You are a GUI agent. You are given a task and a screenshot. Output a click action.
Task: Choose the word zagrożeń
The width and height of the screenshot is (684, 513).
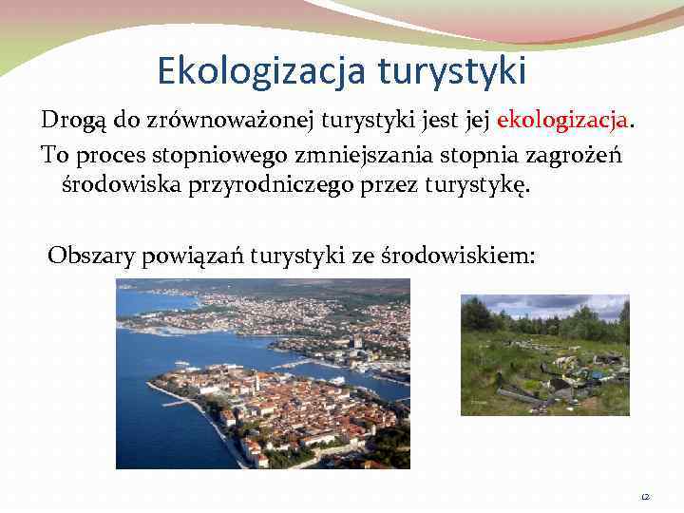coord(568,152)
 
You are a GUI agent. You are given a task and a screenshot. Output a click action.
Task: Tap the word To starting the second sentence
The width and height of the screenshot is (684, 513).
coord(53,152)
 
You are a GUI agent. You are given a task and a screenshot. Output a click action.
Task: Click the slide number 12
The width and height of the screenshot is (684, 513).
coord(646,495)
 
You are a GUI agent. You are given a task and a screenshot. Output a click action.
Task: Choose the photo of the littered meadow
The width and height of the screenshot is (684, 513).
coord(544,354)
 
